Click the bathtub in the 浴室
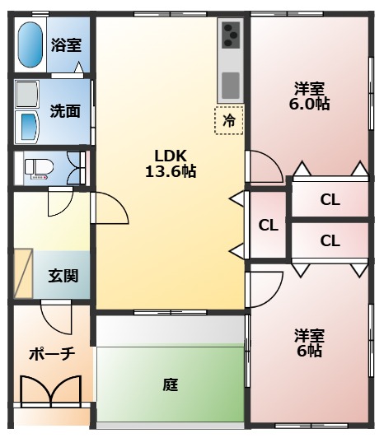pos(30,44)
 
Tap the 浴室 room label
pos(66,44)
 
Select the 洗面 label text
pos(65,111)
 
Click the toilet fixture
pos(39,169)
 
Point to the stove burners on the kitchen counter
pos(231,35)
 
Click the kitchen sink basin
pos(231,85)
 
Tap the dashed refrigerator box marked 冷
pos(229,120)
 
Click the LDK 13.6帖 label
pos(171,163)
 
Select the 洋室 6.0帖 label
pos(309,96)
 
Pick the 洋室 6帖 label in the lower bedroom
pos(309,343)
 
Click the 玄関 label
pos(63,276)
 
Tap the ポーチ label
pos(52,354)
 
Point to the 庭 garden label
pos(171,384)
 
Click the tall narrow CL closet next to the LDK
pos(268,225)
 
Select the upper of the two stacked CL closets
pos(330,199)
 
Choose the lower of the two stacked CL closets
pos(330,240)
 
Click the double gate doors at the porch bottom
pos(51,391)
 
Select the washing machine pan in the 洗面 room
pos(27,94)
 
